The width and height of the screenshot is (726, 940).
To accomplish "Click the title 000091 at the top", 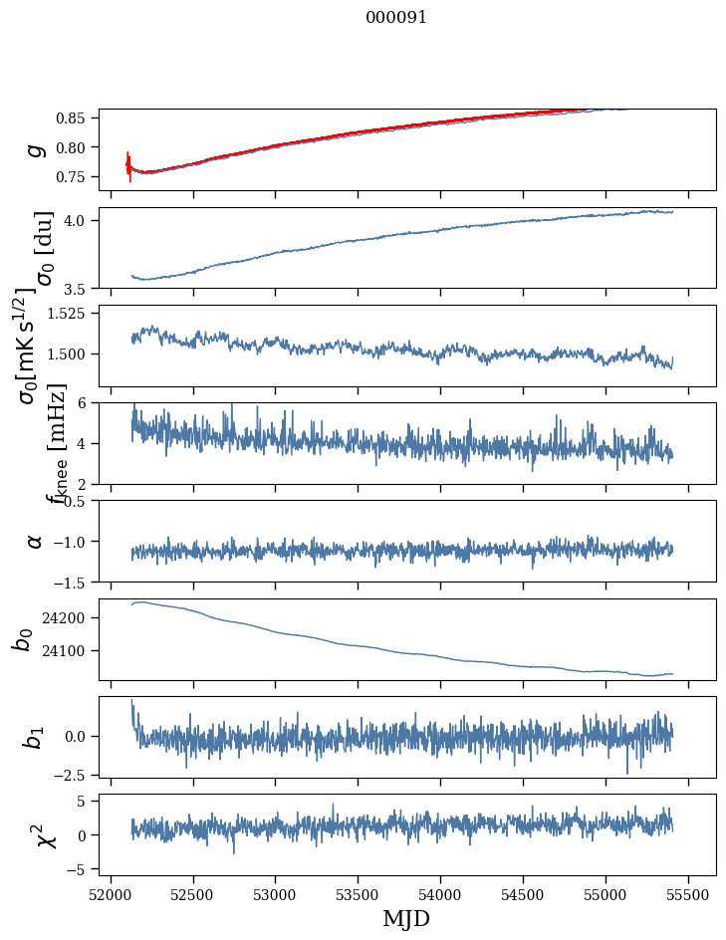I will click(x=396, y=18).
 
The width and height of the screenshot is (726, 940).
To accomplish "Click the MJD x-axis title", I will click(x=406, y=919).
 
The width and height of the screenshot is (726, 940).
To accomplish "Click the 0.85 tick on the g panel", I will click(x=72, y=118).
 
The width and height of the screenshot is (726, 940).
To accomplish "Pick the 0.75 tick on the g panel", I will click(x=72, y=176).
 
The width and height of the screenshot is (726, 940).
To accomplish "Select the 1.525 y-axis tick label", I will click(x=68, y=314).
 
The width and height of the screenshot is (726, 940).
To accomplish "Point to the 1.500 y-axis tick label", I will click(x=68, y=354).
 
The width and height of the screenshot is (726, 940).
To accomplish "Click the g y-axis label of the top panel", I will click(x=35, y=149).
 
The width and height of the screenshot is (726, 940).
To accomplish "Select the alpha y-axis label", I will click(x=35, y=541).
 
